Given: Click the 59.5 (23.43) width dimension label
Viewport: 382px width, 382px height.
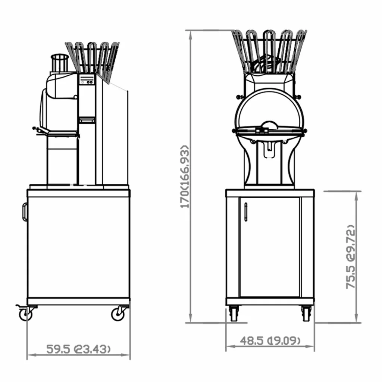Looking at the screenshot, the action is click(78, 349).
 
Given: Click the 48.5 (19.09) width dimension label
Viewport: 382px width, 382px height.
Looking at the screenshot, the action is click(270, 340).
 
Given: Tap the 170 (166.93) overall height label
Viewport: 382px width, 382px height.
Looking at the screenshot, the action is click(184, 176).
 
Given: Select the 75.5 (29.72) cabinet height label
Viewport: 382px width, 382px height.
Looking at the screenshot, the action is click(351, 257).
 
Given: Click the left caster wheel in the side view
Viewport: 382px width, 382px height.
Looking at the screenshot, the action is click(25, 314).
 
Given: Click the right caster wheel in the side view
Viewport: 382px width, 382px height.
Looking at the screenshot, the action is click(118, 314).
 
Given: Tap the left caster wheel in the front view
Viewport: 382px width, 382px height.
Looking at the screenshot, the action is click(234, 313).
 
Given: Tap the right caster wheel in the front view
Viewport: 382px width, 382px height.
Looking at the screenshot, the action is click(306, 313).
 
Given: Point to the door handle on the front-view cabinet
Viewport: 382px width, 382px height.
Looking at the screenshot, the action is click(246, 212).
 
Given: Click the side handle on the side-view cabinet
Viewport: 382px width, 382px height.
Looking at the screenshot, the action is click(24, 212).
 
